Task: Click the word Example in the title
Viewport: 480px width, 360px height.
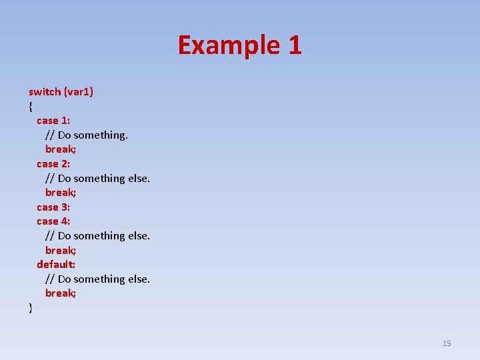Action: (x=228, y=45)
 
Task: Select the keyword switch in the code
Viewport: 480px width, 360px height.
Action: (x=45, y=91)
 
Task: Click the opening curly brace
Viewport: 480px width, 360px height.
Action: (x=31, y=106)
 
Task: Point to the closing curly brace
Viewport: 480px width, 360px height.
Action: (x=31, y=307)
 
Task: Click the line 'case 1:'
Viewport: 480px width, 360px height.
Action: (x=53, y=121)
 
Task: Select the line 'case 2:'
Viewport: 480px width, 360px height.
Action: (x=53, y=163)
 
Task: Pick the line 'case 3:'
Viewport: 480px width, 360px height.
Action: (x=53, y=207)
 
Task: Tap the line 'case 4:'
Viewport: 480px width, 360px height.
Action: (x=53, y=221)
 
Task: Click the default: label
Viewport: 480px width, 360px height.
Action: (x=56, y=264)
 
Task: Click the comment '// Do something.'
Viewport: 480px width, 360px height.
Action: (x=87, y=135)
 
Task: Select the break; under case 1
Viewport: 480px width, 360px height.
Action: (x=61, y=149)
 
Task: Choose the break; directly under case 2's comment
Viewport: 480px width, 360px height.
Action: (x=61, y=193)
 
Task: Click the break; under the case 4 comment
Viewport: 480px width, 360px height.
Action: (x=61, y=250)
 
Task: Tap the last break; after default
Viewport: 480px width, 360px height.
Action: (x=61, y=293)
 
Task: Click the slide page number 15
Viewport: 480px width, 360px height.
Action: (x=447, y=343)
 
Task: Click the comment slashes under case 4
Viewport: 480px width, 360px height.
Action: (x=50, y=236)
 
